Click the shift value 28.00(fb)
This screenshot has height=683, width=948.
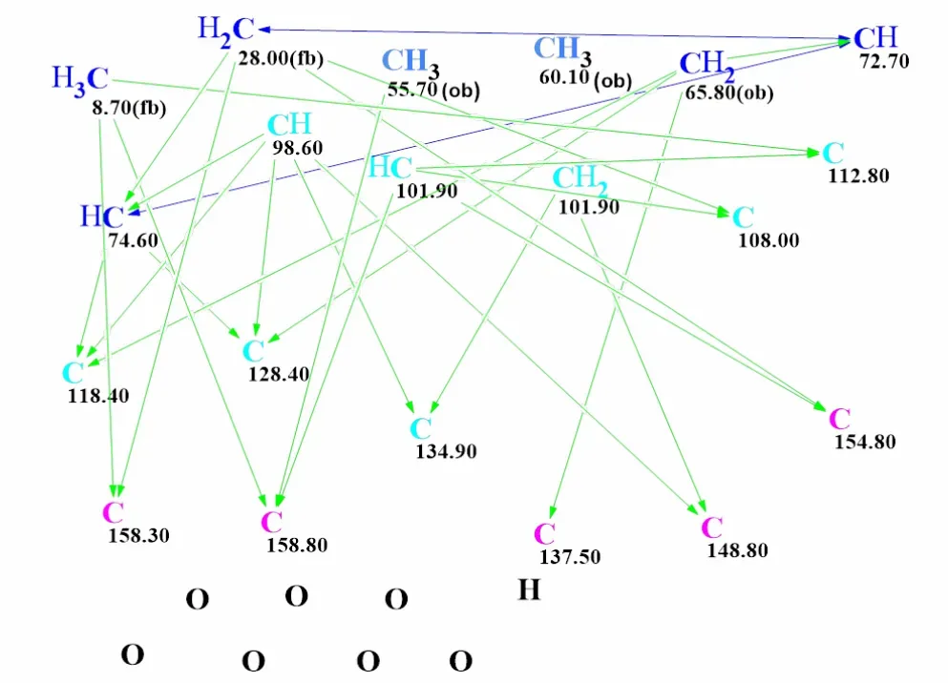click(x=281, y=58)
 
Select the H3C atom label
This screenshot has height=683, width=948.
click(x=80, y=80)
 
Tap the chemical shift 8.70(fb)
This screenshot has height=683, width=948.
click(x=129, y=108)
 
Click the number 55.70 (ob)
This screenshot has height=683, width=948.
click(x=433, y=90)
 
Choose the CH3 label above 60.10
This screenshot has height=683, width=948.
click(x=562, y=51)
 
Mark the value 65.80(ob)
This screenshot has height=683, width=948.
click(x=729, y=93)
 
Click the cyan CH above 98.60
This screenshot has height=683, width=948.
click(x=289, y=124)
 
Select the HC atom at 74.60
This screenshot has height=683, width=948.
click(x=102, y=217)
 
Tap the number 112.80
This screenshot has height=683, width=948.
click(x=858, y=176)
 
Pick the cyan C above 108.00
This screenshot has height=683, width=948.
click(x=743, y=217)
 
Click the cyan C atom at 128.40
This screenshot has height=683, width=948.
click(x=253, y=351)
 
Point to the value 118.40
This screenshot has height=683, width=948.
click(x=98, y=396)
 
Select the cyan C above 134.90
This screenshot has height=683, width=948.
click(x=420, y=428)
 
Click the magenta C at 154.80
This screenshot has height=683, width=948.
click(x=840, y=419)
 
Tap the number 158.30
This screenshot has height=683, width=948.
click(x=138, y=535)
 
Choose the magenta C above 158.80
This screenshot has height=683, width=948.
click(x=271, y=522)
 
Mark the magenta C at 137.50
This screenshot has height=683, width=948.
click(x=545, y=534)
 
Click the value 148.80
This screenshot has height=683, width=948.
click(x=737, y=550)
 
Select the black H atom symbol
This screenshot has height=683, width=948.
click(x=529, y=590)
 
